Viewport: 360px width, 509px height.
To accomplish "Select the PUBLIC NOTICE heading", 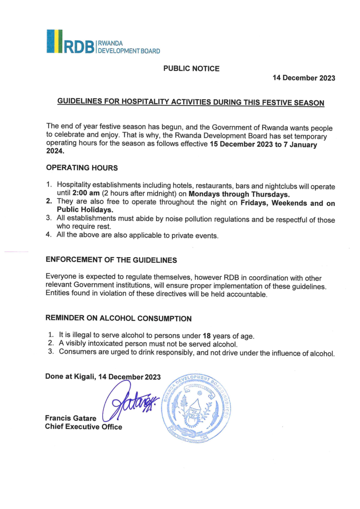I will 191,68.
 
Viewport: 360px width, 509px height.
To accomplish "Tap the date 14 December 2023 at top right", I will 304,78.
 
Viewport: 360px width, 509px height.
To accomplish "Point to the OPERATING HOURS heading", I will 82,167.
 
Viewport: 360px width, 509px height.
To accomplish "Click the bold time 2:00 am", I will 84,194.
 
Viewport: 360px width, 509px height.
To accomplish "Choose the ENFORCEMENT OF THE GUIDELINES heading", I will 111,260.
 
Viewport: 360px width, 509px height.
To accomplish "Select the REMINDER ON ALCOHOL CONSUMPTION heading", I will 118,318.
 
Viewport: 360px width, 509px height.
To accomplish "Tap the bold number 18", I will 207,336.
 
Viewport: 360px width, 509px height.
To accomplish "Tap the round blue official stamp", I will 196,408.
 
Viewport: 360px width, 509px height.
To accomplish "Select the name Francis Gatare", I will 71,418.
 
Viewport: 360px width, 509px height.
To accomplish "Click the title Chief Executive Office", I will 84,427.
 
